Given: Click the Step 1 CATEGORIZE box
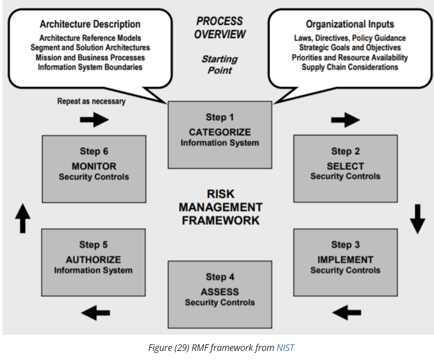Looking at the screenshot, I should tap(220, 134).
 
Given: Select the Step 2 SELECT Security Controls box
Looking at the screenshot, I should tap(345, 168).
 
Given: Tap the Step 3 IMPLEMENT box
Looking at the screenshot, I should tap(345, 262).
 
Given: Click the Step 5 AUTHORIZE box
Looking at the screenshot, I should tap(93, 261).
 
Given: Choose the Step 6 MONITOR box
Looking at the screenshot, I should tap(94, 168).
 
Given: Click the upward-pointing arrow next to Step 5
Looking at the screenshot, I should tap(22, 218).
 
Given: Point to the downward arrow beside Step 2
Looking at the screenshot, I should tap(417, 219).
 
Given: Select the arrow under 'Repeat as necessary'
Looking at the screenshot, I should tap(94, 120).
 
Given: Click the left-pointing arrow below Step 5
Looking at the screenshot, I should tap(95, 313).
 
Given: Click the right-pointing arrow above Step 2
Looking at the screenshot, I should tap(345, 120).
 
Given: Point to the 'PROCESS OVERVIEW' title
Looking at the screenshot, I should tap(220, 28).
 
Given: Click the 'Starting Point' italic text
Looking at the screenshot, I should tap(220, 65).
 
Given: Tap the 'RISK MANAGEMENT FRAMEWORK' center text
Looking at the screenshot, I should tap(220, 207).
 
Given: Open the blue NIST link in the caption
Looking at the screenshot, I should tap(285, 348).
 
